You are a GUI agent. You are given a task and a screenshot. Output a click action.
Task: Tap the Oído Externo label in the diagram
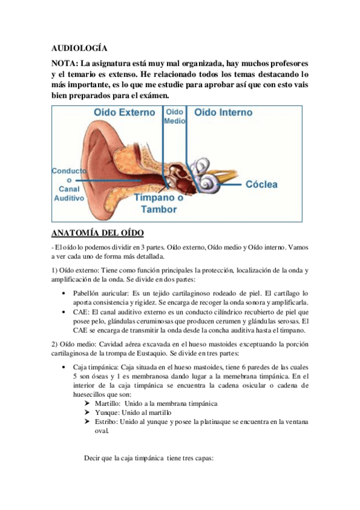(x=124, y=112)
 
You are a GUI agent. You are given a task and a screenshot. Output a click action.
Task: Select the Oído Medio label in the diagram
(x=174, y=115)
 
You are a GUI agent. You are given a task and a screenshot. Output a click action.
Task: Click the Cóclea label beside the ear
(x=261, y=184)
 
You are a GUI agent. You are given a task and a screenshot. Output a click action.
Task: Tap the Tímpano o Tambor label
(x=159, y=203)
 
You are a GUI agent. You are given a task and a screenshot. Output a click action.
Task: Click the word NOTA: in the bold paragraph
(x=64, y=63)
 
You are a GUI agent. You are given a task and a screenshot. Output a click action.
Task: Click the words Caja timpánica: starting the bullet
(x=96, y=366)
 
